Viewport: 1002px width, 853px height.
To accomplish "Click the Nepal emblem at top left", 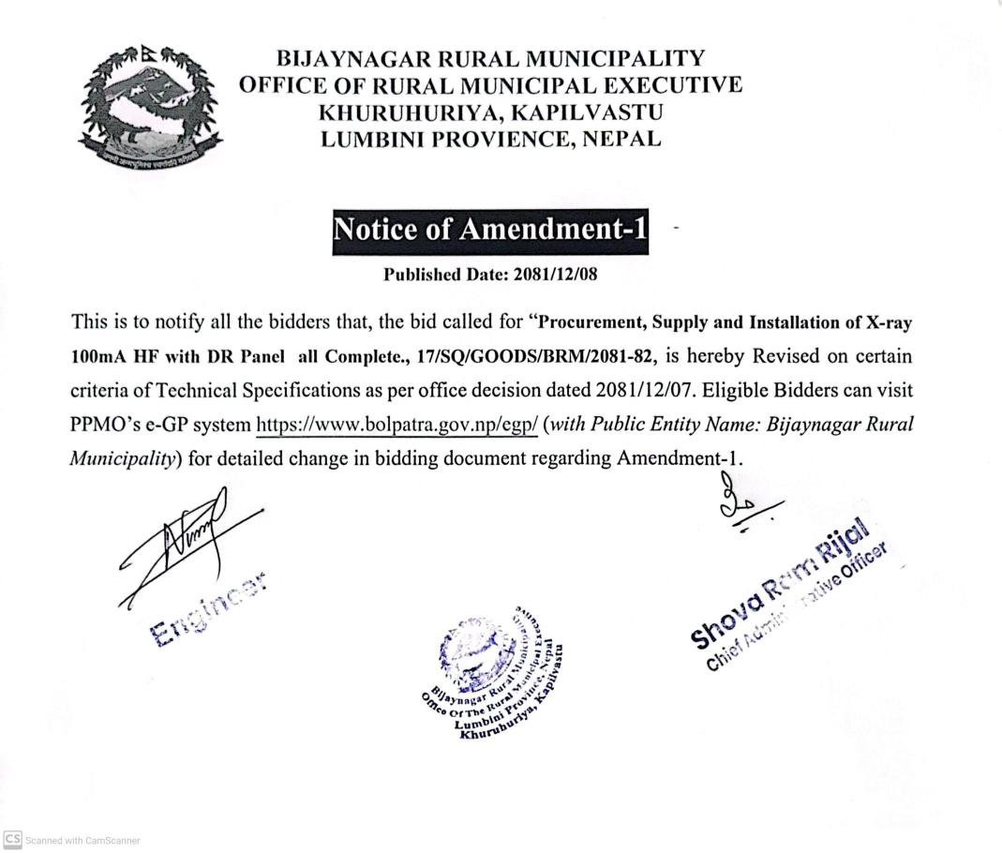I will pyautogui.click(x=149, y=107).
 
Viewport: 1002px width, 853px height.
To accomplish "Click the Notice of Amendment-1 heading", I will pyautogui.click(x=490, y=230).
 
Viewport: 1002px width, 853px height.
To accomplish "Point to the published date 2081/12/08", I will pyautogui.click(x=564, y=275).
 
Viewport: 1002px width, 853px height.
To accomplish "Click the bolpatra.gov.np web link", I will pyautogui.click(x=397, y=424).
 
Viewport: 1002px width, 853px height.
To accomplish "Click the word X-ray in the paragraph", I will pyautogui.click(x=889, y=322).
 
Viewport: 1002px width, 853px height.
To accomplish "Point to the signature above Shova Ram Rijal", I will pyautogui.click(x=745, y=506).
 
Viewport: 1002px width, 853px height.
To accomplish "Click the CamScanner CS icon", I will pyautogui.click(x=11, y=840).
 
